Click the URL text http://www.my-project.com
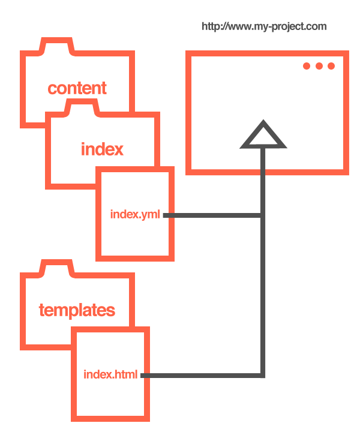pyautogui.click(x=264, y=27)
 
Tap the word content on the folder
pyautogui.click(x=77, y=88)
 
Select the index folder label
pyautogui.click(x=102, y=149)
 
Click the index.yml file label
pyautogui.click(x=135, y=215)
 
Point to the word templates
pyautogui.click(x=77, y=311)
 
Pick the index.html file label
pyautogui.click(x=110, y=374)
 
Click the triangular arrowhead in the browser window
pyautogui.click(x=263, y=135)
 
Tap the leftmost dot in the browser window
pyautogui.click(x=307, y=66)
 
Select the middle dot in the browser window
pyautogui.click(x=319, y=66)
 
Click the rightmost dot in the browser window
pyautogui.click(x=331, y=66)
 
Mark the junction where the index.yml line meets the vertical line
pyautogui.click(x=263, y=215)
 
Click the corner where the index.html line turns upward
pyautogui.click(x=263, y=376)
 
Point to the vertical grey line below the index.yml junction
pyautogui.click(x=263, y=295)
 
